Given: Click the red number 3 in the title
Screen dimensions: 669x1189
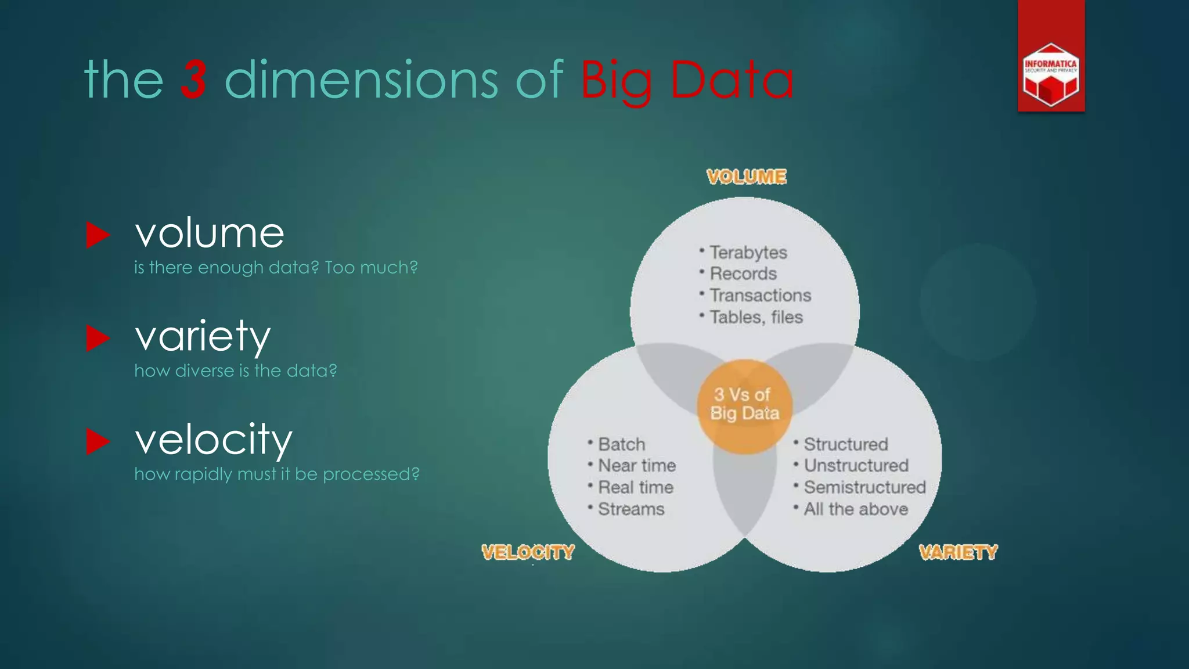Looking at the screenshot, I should [x=194, y=79].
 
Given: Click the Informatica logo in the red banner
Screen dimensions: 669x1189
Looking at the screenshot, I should [x=1051, y=75].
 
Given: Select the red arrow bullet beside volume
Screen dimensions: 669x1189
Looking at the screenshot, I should [x=98, y=235].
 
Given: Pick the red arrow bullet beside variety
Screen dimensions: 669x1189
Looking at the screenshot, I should [x=98, y=338].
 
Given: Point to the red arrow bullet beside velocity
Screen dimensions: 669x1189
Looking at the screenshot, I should [x=98, y=441].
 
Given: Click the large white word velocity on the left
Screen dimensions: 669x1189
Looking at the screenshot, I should [x=214, y=439].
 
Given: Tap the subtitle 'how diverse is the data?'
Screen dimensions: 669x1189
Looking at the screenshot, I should [x=236, y=371].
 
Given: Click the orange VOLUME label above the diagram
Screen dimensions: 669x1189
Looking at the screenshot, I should [x=747, y=177].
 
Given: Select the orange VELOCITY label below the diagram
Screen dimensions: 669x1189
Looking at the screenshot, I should [x=528, y=552].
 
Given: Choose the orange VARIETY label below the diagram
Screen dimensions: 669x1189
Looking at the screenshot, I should [x=958, y=552].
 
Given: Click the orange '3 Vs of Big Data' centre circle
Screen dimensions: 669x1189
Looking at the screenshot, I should [x=745, y=405].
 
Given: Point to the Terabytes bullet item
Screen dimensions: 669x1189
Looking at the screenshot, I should [x=748, y=253].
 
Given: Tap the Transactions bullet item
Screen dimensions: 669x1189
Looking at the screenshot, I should [x=760, y=296].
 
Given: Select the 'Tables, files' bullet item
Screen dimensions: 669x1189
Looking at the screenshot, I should [x=756, y=317].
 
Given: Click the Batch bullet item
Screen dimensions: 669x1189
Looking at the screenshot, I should [x=621, y=444].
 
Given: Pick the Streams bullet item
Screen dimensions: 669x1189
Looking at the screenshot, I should [x=631, y=509].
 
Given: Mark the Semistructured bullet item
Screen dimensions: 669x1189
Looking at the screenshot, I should [x=864, y=487].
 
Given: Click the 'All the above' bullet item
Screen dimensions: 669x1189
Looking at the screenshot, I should [x=856, y=509].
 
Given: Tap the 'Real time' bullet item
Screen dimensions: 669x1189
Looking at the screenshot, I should [x=636, y=487].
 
